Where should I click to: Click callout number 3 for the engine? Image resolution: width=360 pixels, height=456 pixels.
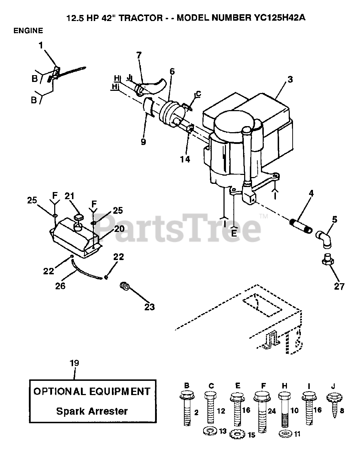pyautogui.click(x=290, y=79)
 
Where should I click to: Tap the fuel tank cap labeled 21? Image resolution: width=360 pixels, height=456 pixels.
pyautogui.click(x=78, y=217)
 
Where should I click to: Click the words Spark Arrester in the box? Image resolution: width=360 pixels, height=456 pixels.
pyautogui.click(x=92, y=411)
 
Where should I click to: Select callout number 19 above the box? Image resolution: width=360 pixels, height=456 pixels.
pyautogui.click(x=74, y=363)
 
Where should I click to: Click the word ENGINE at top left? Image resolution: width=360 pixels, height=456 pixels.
pyautogui.click(x=28, y=31)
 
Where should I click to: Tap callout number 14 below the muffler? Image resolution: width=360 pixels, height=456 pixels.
pyautogui.click(x=185, y=159)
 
